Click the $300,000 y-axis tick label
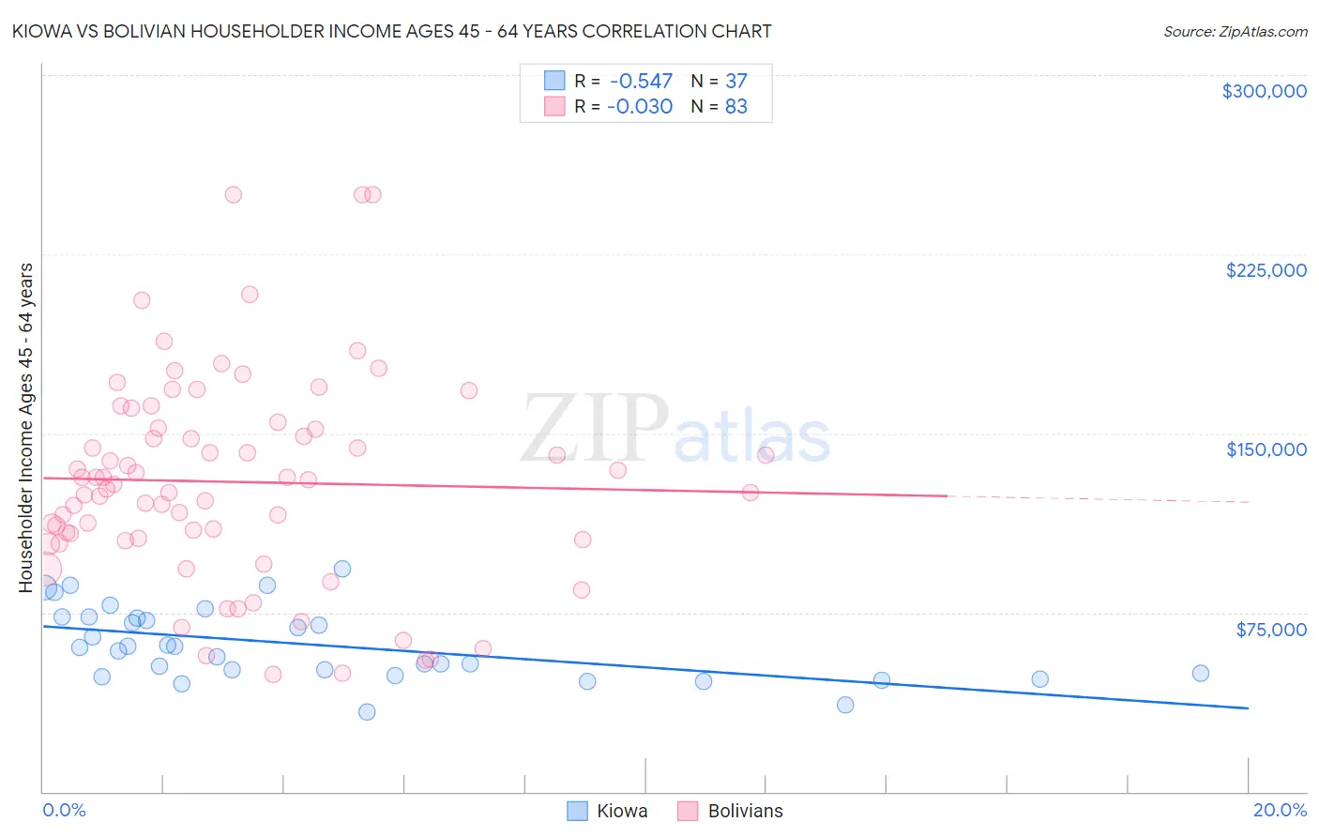pos(1264,91)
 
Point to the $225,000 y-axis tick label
pos(1266,270)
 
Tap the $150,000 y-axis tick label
pos(1266,449)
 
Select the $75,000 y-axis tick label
pos(1271,630)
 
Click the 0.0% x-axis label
pos(64,810)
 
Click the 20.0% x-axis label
pos(1280,810)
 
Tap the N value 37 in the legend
pos(735,81)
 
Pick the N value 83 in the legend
pos(735,106)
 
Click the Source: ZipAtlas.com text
pos(1235,32)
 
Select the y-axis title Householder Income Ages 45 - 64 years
pos(26,428)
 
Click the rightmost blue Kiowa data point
pos(1200,673)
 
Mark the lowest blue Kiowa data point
pos(367,711)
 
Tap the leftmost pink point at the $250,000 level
pos(234,194)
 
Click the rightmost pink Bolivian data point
pos(766,455)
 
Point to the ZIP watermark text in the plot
pos(595,428)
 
